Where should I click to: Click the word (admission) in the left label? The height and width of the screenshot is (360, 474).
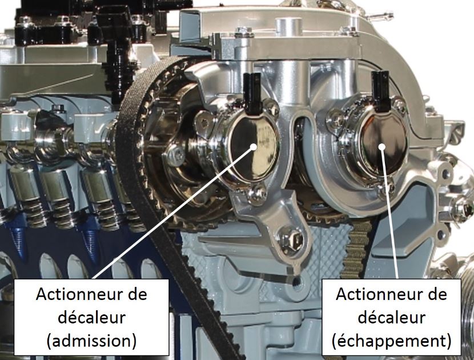(91, 341)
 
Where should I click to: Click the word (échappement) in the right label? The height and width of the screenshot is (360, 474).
(391, 341)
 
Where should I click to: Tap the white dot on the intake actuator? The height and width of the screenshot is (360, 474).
(254, 146)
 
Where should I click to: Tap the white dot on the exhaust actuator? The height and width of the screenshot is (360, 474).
(382, 146)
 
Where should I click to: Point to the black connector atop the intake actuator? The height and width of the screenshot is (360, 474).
(252, 94)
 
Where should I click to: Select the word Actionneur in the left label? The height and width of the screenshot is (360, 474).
(91, 294)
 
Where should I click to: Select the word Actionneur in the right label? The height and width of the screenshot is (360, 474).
(391, 294)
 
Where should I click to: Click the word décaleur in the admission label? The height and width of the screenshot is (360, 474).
(91, 317)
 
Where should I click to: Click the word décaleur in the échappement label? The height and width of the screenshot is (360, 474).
(391, 317)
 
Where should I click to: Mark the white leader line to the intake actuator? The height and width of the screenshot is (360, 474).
(173, 213)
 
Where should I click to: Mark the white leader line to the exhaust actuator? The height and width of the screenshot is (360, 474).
(390, 213)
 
